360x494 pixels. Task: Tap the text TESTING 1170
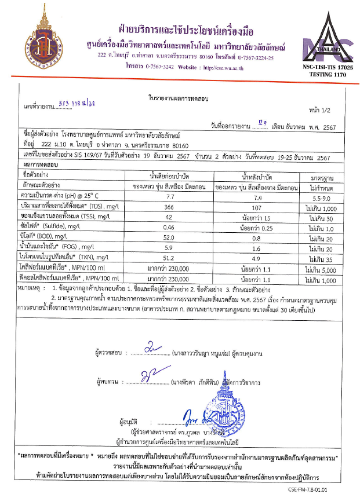tap(324, 75)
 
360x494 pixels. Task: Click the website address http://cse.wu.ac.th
tap(223, 68)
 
